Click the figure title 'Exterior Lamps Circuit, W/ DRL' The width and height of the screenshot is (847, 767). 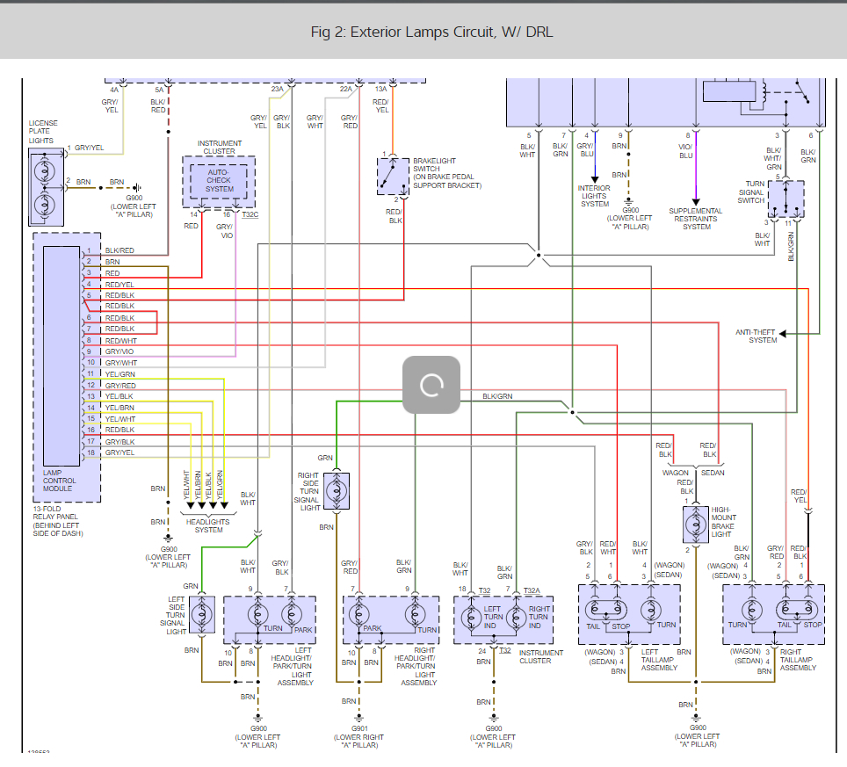431,33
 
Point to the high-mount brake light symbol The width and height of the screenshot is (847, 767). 696,523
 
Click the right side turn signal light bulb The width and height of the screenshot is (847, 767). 337,490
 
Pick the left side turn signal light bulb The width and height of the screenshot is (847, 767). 203,613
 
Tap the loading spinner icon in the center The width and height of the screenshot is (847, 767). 431,385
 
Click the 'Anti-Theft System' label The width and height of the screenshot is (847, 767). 756,336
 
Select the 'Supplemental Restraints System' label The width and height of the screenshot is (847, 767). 696,219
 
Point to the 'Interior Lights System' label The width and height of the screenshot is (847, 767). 594,196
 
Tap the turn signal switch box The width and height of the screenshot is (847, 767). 785,199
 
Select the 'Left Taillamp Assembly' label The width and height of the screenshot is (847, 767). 659,660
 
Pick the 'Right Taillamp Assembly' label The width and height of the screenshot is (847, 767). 798,660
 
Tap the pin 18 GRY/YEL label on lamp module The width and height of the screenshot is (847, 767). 119,452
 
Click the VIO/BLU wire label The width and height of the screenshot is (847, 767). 685,150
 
